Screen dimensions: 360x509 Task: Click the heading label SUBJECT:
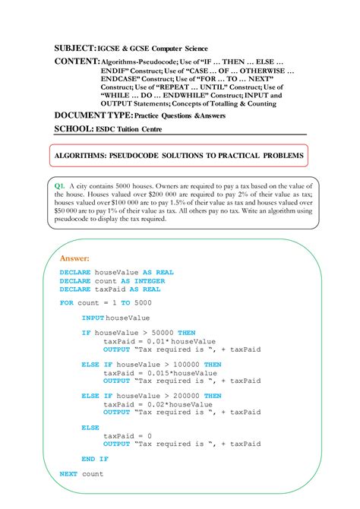74,48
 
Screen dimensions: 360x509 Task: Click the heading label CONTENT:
77,61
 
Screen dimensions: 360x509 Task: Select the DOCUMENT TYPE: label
93,115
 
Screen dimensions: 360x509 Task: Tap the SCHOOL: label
74,129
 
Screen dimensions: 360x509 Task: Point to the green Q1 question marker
61,185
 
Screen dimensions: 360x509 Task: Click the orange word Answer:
74,259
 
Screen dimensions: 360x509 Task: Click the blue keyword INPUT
93,318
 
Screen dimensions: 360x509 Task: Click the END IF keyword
94,459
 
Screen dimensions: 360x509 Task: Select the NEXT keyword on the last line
68,474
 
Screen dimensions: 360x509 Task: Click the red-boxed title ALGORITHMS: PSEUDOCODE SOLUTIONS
179,156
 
